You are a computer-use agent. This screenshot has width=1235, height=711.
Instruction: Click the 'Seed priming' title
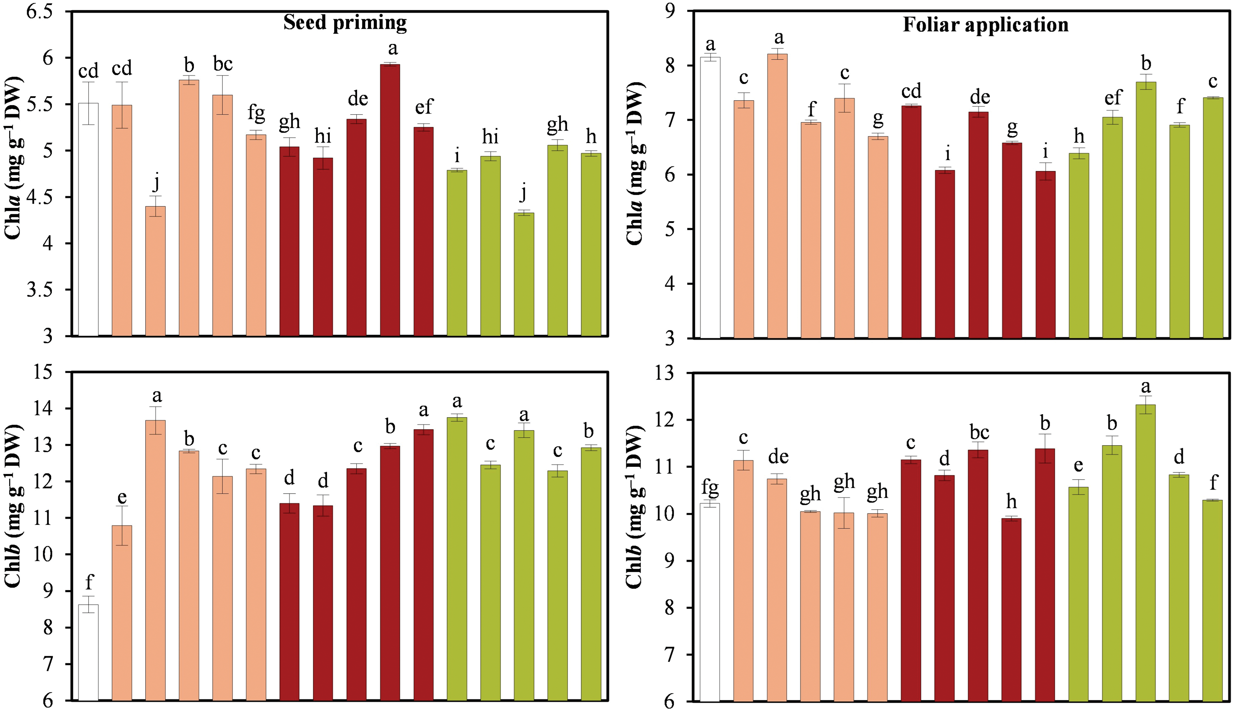(345, 23)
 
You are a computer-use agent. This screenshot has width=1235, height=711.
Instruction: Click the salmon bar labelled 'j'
(155, 271)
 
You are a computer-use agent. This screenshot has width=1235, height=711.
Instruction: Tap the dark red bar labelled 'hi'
(323, 246)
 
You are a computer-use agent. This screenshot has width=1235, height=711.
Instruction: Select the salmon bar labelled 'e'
(122, 613)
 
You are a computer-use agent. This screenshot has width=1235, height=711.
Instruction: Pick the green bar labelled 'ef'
(1113, 227)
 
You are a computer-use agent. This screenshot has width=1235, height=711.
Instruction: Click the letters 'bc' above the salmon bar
(223, 64)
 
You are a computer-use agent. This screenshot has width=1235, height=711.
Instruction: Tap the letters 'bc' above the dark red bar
(979, 432)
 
